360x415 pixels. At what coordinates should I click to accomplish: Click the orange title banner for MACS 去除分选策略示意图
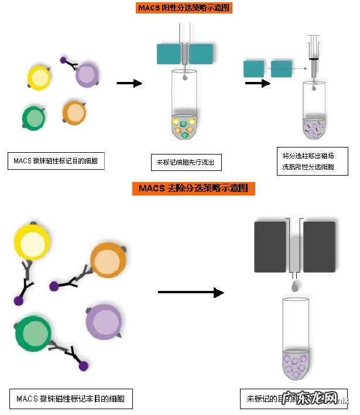pyautogui.click(x=194, y=188)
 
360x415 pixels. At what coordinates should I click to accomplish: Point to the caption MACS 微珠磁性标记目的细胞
pyautogui.click(x=56, y=161)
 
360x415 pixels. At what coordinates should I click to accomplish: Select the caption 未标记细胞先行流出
pyautogui.click(x=186, y=163)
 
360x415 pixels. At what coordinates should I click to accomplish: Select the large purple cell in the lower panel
pyautogui.click(x=104, y=321)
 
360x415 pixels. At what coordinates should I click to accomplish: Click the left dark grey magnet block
pyautogui.click(x=272, y=246)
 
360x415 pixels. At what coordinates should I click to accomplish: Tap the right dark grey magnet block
pyautogui.click(x=319, y=246)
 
